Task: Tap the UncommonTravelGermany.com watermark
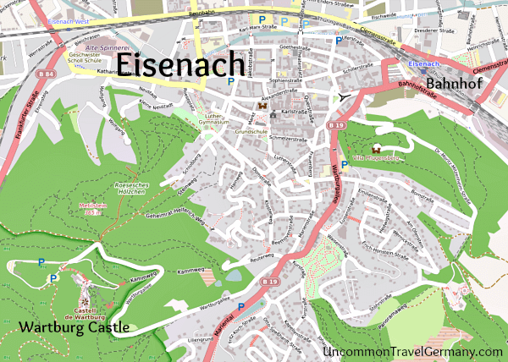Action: (x=413, y=351)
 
